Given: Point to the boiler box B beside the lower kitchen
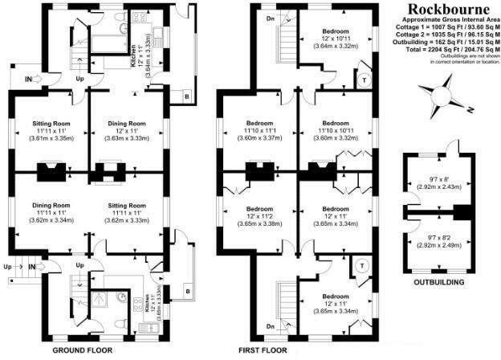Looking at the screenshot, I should pyautogui.click(x=187, y=289).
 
